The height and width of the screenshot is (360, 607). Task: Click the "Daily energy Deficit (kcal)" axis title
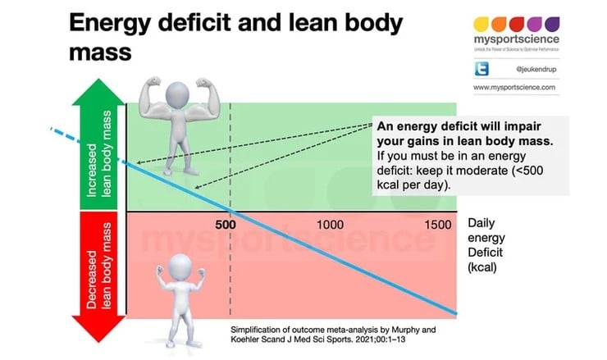(490, 245)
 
